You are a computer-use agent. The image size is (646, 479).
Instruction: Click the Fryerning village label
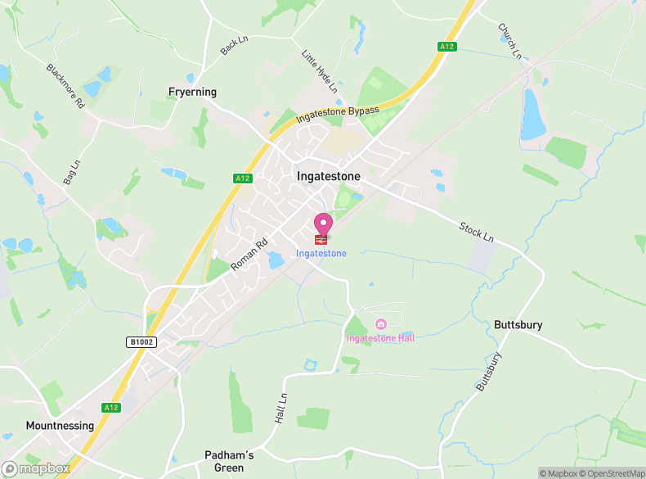tap(192, 92)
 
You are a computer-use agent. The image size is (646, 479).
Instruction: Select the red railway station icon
tap(321, 240)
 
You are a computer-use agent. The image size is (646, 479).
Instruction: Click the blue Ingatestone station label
tap(321, 254)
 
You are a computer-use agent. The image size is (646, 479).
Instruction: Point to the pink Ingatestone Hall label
tap(380, 338)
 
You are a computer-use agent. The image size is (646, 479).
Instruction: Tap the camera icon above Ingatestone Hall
tap(380, 324)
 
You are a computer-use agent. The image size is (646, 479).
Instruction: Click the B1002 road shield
tap(141, 341)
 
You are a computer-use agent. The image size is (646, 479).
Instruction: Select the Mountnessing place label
tap(60, 426)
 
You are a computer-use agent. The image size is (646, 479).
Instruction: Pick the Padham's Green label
tap(229, 461)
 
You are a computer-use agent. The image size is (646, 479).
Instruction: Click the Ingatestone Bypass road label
tap(338, 115)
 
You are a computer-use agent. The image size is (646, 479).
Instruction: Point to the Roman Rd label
tap(249, 255)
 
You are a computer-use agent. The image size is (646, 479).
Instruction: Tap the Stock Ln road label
tap(477, 232)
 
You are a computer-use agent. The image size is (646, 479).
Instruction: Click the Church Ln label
tap(509, 40)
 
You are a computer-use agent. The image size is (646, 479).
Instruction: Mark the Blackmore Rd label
tap(65, 87)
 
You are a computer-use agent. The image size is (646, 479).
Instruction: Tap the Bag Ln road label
tap(72, 173)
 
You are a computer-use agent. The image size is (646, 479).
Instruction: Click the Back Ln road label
tap(233, 46)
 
